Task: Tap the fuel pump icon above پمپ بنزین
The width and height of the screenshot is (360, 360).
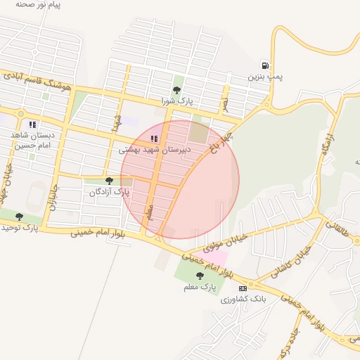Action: point(264,64)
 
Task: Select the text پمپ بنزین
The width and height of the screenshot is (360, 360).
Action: point(265,76)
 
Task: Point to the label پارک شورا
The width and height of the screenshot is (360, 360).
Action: point(176,102)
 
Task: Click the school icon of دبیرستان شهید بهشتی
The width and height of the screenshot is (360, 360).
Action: point(154,139)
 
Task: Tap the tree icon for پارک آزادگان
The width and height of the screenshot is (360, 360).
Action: point(109,181)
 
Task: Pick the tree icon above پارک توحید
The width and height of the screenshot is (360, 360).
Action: point(19,217)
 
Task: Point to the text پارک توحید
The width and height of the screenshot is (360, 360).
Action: point(19,228)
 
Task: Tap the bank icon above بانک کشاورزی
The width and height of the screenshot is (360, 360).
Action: point(243,288)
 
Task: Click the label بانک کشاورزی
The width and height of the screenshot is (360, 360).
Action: point(243,300)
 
